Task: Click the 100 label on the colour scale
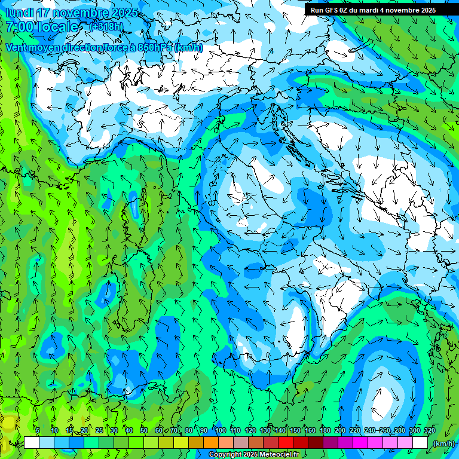(221, 430)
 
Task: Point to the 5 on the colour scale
(38, 430)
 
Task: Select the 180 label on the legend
(325, 430)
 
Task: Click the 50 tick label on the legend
(144, 430)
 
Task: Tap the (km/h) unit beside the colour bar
(443, 443)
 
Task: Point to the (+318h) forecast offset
(106, 27)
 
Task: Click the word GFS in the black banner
(332, 10)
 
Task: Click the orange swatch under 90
(211, 443)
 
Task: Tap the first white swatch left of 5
(32, 443)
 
